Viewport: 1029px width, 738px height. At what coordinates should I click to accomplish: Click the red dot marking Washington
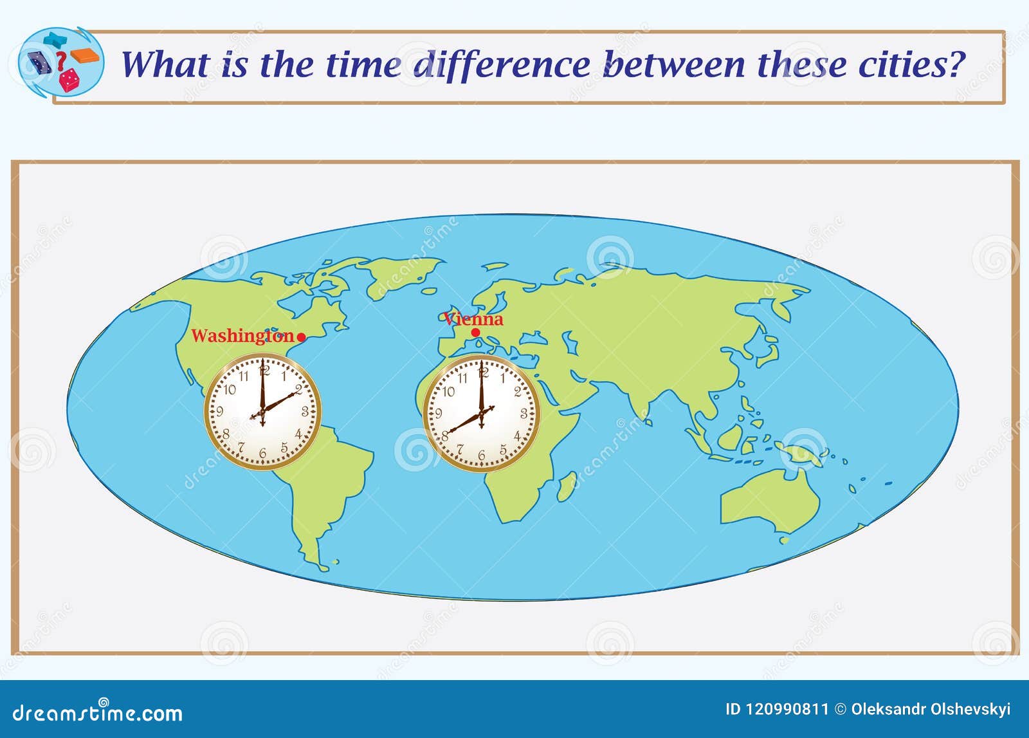tap(301, 337)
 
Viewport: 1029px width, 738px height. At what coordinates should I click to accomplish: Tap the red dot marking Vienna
tap(475, 333)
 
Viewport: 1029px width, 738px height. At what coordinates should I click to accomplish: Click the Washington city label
tap(242, 336)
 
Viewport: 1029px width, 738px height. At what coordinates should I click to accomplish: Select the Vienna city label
tap(474, 319)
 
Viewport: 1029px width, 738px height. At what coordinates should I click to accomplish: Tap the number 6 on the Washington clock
tap(262, 454)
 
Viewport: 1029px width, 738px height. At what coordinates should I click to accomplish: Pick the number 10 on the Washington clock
tap(230, 390)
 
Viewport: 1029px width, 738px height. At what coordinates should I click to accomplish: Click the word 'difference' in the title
tap(502, 64)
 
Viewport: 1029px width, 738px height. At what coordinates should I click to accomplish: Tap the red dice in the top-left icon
tap(69, 80)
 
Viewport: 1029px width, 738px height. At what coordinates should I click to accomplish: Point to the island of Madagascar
tap(566, 486)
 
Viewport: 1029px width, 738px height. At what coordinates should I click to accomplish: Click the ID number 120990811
tap(777, 710)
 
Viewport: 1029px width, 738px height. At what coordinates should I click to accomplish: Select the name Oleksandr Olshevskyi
tap(931, 710)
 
